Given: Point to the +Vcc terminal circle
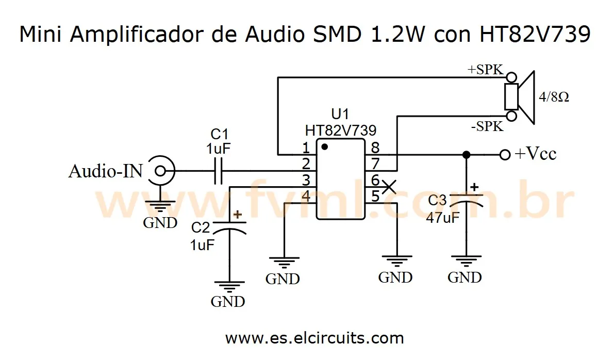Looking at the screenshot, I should pyautogui.click(x=505, y=154).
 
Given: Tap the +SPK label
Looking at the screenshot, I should pyautogui.click(x=485, y=70).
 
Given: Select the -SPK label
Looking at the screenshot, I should pyautogui.click(x=486, y=126).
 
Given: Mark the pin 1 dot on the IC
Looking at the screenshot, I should pyautogui.click(x=324, y=146).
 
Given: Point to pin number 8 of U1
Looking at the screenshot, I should pyautogui.click(x=375, y=149).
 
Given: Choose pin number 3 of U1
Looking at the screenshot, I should pyautogui.click(x=306, y=181).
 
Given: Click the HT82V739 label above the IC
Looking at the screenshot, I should pyautogui.click(x=340, y=130).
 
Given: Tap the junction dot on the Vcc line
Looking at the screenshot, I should pyautogui.click(x=466, y=154).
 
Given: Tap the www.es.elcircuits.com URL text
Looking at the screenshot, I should pyautogui.click(x=314, y=338).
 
